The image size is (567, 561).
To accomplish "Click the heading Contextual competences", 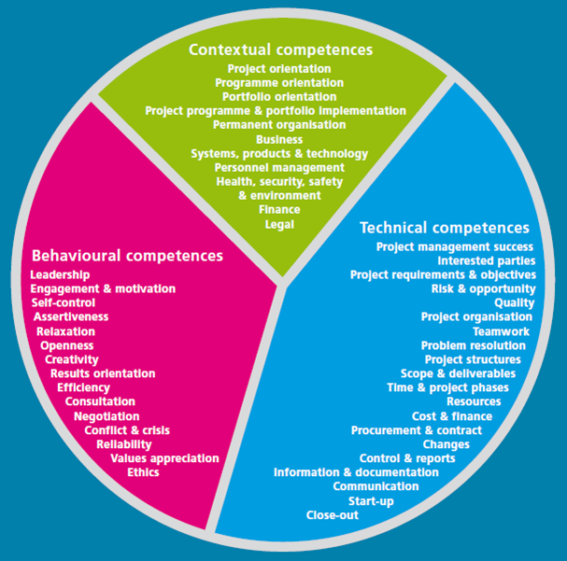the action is [x=280, y=49].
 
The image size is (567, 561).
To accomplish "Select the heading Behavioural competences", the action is [x=127, y=256].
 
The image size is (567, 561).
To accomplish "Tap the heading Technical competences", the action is [x=445, y=228].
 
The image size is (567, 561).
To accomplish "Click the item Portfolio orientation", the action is [x=279, y=97].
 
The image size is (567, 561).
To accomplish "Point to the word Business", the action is [x=279, y=139].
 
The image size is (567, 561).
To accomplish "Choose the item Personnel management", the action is [x=279, y=168].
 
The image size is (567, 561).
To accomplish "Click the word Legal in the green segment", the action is [x=279, y=224].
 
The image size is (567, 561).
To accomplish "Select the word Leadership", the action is [x=60, y=275].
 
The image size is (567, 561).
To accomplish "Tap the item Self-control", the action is [x=64, y=302].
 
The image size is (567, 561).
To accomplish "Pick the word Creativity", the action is [x=72, y=359].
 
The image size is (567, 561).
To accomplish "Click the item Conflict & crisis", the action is [x=127, y=430].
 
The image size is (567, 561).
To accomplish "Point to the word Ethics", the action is [x=143, y=472].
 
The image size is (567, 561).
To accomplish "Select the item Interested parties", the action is [x=487, y=260].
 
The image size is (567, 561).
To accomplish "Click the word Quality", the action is [x=514, y=303].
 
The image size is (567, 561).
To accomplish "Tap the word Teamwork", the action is [x=501, y=331].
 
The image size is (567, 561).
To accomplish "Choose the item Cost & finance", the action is [x=452, y=416].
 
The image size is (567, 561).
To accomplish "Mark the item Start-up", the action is [x=371, y=501].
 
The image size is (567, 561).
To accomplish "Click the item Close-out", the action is [x=333, y=515].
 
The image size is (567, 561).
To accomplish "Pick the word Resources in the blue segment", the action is [x=474, y=401].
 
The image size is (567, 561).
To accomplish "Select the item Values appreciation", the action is [x=164, y=458].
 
